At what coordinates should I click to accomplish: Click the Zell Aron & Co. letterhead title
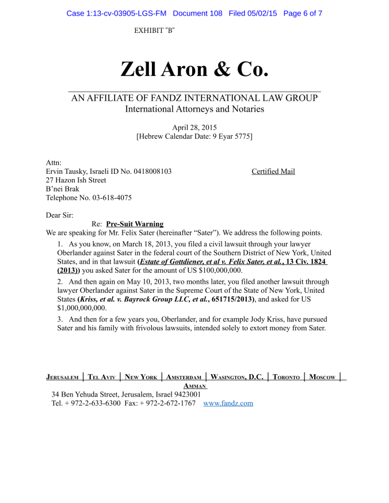[x=194, y=69]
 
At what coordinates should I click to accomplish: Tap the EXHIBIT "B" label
[x=154, y=31]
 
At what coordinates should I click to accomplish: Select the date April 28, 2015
[x=194, y=127]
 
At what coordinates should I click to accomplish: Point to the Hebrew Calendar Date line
[x=194, y=137]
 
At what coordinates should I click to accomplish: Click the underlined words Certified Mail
[x=273, y=172]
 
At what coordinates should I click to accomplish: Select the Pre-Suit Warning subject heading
[x=135, y=224]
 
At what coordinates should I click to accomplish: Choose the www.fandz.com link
[x=228, y=403]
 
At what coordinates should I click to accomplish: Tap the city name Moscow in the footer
[x=322, y=378]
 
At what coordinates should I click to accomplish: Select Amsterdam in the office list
[x=184, y=378]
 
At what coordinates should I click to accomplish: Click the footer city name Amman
[x=194, y=386]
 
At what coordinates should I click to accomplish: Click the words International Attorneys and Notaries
[x=194, y=109]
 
